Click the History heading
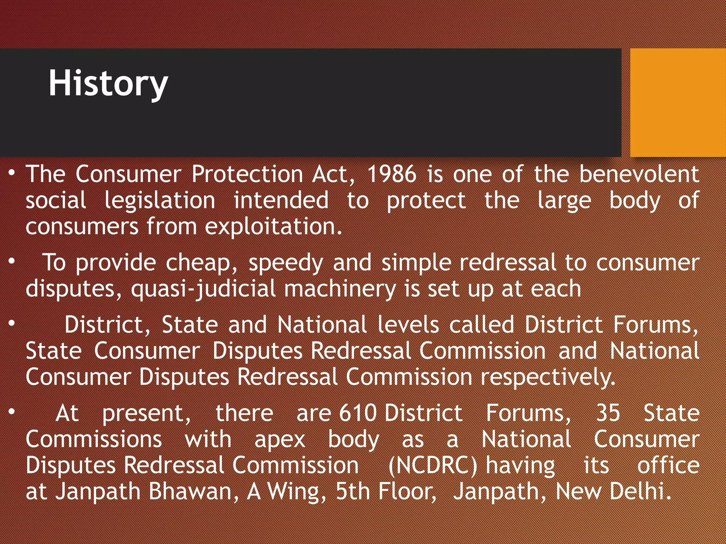(x=108, y=84)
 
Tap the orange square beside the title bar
(x=678, y=102)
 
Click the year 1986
(x=392, y=174)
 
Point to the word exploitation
(x=273, y=227)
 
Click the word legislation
(x=160, y=200)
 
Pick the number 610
(x=358, y=413)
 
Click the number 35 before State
(x=608, y=413)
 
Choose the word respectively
(x=548, y=377)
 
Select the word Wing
(x=296, y=492)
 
